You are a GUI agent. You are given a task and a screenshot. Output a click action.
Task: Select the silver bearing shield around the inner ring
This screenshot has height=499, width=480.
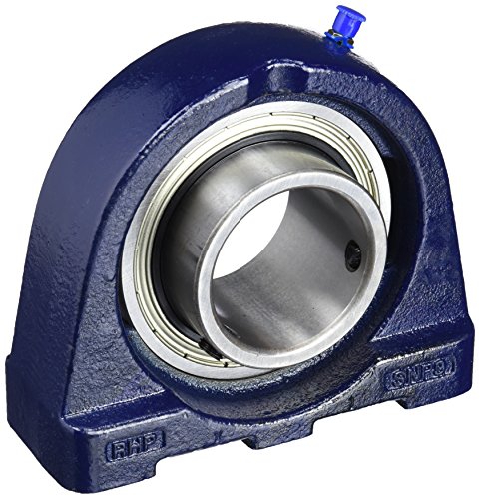tap(150, 289)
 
